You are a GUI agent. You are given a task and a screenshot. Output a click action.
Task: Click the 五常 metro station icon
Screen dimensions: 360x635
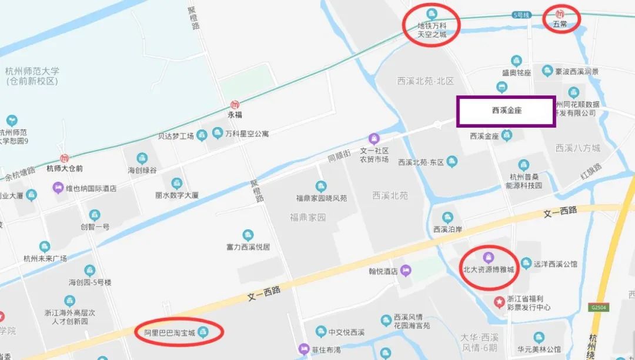pos(561,14)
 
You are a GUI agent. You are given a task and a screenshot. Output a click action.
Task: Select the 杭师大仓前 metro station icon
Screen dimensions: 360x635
pos(65,158)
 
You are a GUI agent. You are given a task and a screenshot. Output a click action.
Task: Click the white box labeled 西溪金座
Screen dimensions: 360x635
pos(506,111)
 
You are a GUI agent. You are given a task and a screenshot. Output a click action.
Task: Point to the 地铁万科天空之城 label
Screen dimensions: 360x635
pos(432,30)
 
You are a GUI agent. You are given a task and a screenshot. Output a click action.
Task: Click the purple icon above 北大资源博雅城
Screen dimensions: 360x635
pos(488,257)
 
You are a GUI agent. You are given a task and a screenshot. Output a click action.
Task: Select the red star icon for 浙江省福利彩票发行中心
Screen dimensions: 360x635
pos(499,302)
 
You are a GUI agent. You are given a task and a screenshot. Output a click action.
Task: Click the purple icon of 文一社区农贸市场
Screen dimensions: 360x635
pos(374,139)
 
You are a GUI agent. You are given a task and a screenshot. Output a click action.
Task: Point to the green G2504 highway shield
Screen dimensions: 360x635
pos(599,308)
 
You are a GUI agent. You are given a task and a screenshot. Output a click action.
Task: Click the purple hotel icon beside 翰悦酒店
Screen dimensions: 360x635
pos(407,271)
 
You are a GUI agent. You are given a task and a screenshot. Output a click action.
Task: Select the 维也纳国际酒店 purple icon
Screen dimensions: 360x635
pos(58,188)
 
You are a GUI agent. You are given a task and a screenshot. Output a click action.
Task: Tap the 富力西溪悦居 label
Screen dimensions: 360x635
pos(248,247)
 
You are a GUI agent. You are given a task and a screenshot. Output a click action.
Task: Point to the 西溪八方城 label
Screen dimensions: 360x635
pos(578,148)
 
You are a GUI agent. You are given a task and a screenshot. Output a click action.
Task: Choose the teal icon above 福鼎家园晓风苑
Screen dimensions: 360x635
pos(320,186)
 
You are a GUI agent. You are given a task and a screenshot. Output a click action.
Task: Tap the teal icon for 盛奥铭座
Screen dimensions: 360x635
pos(516,61)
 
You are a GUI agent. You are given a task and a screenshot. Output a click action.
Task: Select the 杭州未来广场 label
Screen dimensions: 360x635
pos(45,258)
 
